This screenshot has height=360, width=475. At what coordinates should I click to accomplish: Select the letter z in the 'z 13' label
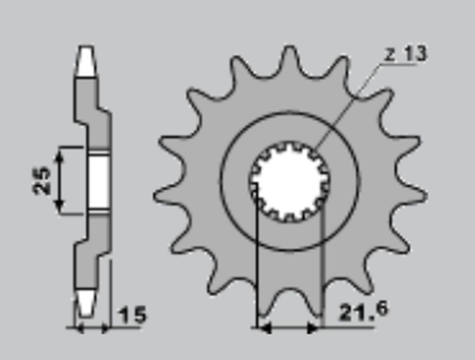(x=391, y=55)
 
